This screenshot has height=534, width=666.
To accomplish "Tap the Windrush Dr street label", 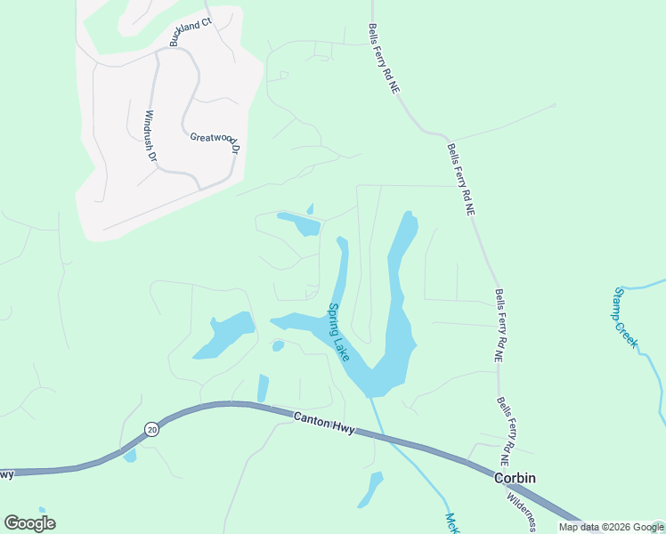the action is (x=150, y=136).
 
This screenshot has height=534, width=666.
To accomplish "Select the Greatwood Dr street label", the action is (x=215, y=142).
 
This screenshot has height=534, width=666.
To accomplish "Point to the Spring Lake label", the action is (x=338, y=332).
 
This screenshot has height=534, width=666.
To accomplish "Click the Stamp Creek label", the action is (x=625, y=317).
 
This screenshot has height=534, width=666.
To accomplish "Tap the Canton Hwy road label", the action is (x=324, y=422).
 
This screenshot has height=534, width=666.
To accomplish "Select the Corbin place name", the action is (x=515, y=478).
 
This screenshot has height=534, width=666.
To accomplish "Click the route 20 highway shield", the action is (x=151, y=430).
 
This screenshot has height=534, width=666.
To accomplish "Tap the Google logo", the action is (x=29, y=522).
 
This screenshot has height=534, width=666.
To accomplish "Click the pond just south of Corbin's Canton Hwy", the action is (x=370, y=489).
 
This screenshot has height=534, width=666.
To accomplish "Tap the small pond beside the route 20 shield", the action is (x=131, y=456).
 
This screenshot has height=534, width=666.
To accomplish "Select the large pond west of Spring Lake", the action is (x=223, y=335).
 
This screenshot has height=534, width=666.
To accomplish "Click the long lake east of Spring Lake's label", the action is (x=398, y=303).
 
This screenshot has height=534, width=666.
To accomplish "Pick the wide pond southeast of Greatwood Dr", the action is (x=299, y=222).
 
